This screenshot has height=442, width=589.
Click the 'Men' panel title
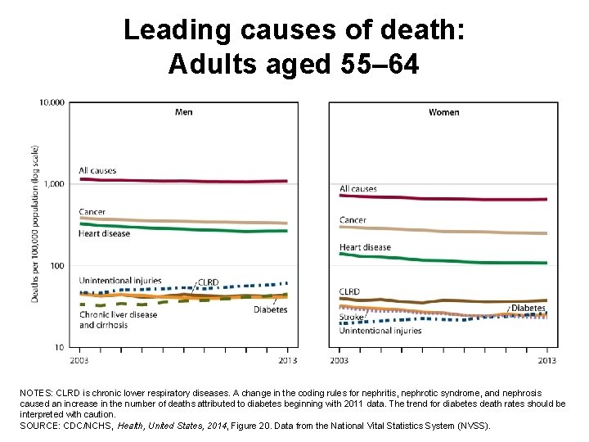click(x=184, y=112)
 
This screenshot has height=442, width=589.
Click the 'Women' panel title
click(x=443, y=112)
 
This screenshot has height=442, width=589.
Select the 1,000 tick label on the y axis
click(x=54, y=184)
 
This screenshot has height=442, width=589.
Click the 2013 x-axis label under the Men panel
click(x=288, y=360)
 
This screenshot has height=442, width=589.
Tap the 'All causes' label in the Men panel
click(x=97, y=170)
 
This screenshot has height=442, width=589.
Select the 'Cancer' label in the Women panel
click(x=353, y=219)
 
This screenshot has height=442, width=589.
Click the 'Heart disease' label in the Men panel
click(x=104, y=234)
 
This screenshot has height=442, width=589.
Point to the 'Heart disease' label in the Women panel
click(x=365, y=247)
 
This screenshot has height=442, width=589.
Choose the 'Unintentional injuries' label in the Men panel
click(x=120, y=281)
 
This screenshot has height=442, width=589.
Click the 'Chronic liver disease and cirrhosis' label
click(x=118, y=320)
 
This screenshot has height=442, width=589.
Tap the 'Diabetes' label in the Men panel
click(x=270, y=309)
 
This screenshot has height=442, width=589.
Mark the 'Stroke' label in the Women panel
click(x=352, y=318)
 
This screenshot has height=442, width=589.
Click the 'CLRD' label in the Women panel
click(x=349, y=291)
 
